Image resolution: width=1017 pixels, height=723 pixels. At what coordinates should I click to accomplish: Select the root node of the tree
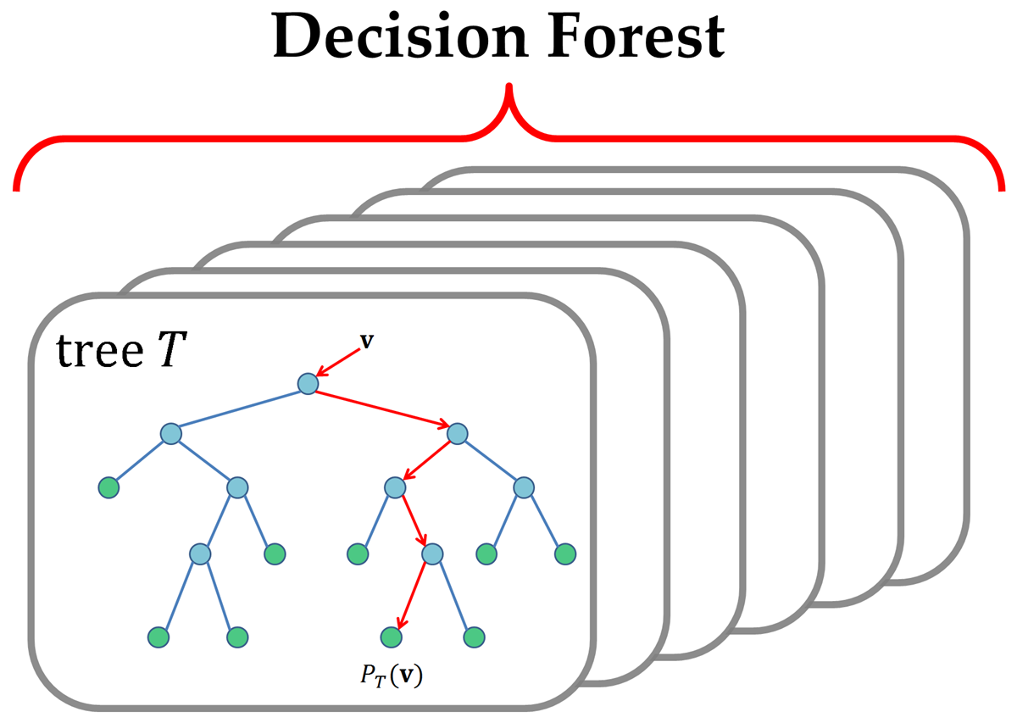coord(308,383)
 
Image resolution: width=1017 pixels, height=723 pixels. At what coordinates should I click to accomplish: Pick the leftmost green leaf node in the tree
coord(108,487)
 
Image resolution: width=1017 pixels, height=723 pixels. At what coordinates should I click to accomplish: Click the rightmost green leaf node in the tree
coord(565,554)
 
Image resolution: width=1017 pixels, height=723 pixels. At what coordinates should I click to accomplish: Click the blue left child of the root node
coord(170,433)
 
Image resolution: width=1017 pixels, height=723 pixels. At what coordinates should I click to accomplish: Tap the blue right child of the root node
coord(458,433)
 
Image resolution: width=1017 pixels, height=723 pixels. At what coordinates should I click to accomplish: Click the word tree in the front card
coord(95,350)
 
